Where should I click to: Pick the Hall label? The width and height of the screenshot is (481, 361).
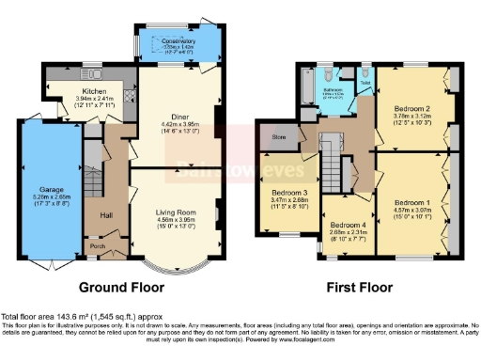[x=107, y=215]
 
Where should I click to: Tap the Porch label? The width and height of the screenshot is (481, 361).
[x=97, y=246]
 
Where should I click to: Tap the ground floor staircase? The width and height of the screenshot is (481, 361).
[x=92, y=160]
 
